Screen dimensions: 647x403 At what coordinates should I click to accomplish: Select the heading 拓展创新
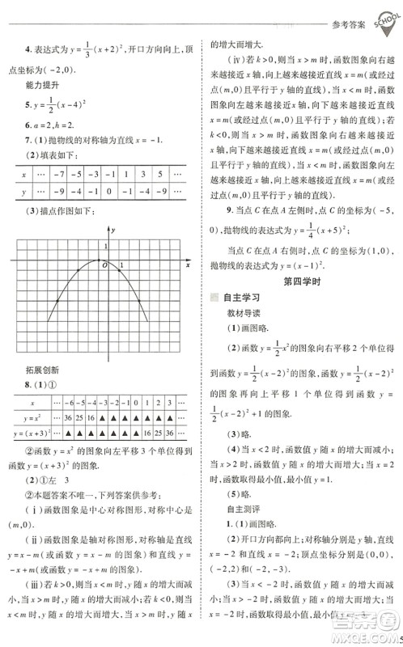40,370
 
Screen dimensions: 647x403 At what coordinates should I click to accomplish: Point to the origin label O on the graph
102,264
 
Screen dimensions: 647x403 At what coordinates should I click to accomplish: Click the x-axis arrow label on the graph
187,264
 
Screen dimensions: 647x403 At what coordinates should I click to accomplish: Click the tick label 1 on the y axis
105,245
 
